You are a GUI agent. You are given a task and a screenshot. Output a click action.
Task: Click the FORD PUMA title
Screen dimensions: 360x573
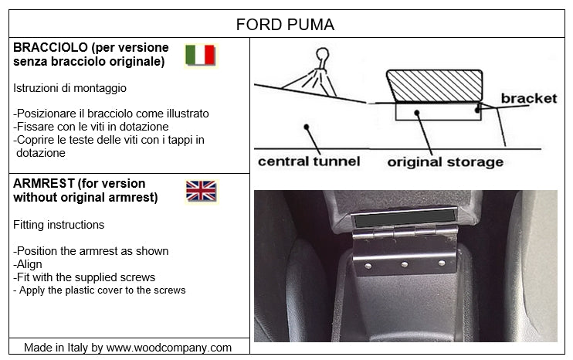pos(285,25)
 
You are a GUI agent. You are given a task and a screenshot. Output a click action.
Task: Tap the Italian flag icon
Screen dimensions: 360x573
pos(200,55)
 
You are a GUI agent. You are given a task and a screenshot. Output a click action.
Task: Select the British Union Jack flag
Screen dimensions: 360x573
pos(201,191)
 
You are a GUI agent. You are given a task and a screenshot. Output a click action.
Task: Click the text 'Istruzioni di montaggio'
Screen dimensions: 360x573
pos(70,89)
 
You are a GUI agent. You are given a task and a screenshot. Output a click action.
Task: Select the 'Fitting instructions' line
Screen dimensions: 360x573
pos(59,225)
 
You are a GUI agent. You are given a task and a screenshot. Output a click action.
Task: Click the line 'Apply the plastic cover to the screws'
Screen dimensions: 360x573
pos(100,290)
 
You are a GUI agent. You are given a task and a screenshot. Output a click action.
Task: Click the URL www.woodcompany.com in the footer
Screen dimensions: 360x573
pos(168,348)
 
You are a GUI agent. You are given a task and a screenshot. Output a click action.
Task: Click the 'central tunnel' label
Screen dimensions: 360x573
pos(309,161)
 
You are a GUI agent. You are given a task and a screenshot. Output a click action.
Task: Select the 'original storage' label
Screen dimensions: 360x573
pos(445,161)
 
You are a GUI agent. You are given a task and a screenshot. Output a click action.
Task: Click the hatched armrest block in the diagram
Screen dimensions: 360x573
pos(434,86)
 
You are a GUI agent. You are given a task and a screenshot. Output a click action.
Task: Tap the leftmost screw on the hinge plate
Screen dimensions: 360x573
pos(368,266)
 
